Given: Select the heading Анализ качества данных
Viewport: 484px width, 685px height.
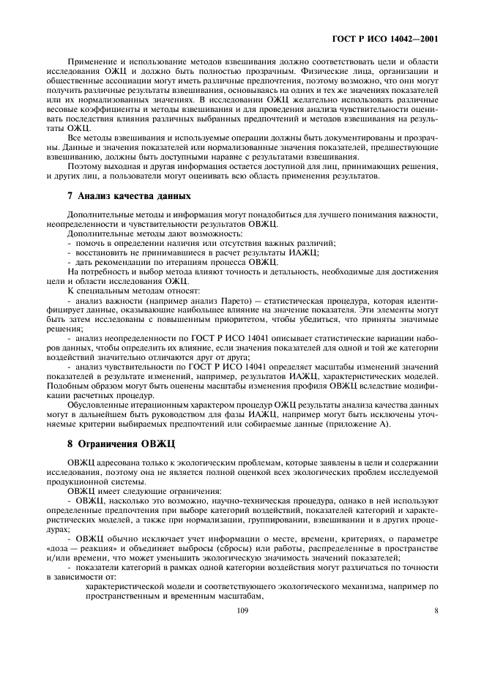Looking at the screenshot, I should [124, 195].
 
